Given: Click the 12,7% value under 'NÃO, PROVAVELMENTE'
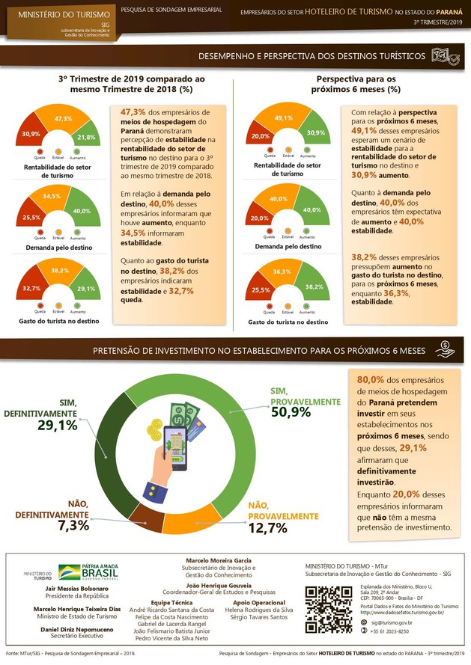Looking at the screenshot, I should point(267,528).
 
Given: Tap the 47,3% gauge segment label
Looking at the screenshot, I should point(63,119).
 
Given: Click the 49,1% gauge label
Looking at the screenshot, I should point(283,118).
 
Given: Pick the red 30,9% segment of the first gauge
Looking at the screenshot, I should point(31,134).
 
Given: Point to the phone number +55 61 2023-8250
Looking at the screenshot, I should point(389,632).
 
